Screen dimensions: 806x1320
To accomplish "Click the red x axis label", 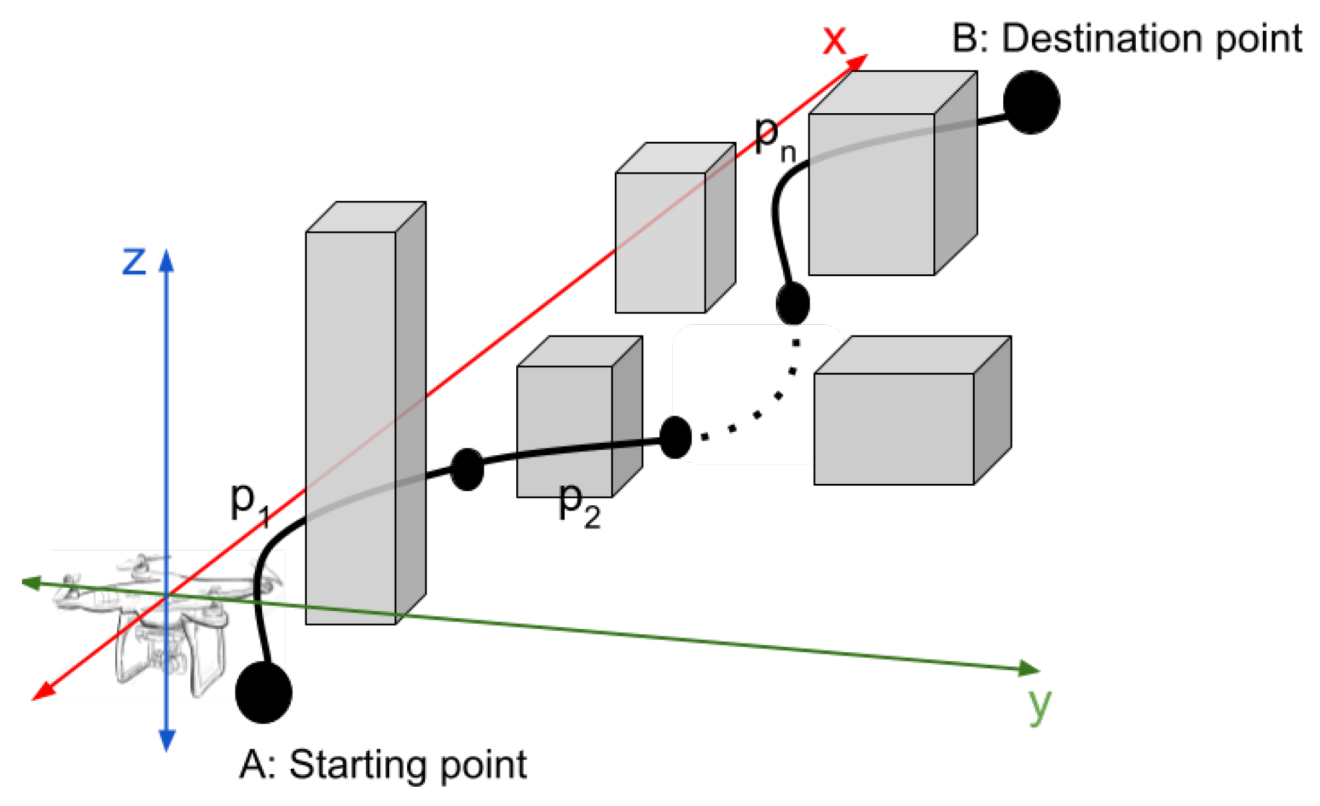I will tap(834, 40).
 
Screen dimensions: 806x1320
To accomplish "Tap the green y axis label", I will tap(1039, 705).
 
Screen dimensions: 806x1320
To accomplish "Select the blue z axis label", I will tap(134, 261).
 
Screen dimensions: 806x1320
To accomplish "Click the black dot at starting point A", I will tap(263, 692).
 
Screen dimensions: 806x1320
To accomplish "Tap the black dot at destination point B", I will tap(1031, 102).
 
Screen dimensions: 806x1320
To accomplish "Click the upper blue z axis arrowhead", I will tap(166, 261).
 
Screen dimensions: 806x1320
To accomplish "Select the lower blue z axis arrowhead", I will tap(166, 740).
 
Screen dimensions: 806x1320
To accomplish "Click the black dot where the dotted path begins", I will tap(675, 437).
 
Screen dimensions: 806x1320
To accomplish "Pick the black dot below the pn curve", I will tap(792, 303).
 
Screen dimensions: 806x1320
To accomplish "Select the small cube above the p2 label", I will tap(566, 426).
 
